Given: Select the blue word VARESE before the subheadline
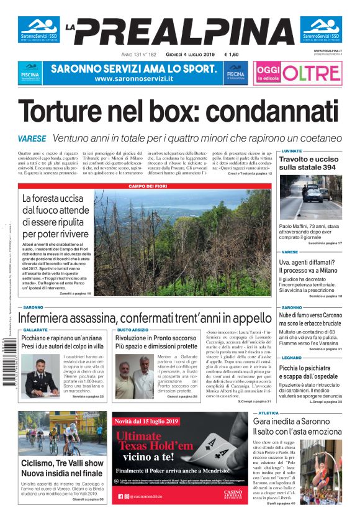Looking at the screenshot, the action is pos(32,138).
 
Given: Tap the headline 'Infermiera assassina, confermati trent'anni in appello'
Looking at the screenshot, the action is pos(145,318).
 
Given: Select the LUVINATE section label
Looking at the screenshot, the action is pos(292,151).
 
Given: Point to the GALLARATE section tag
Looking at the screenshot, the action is pos(35,330).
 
